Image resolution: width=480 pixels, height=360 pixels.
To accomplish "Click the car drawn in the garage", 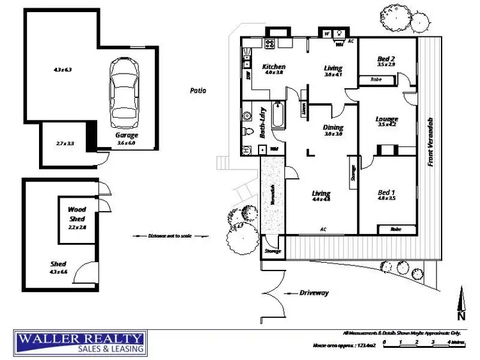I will tap(125, 93).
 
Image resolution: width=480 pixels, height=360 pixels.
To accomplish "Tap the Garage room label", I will tap(126, 136).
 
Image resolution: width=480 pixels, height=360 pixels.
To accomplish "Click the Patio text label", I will tap(198, 91).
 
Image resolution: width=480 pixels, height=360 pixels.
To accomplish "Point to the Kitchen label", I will tap(274, 67).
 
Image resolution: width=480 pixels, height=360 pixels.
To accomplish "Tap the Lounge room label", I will tap(387, 119).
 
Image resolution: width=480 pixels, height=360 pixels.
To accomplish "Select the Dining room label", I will tap(333, 127).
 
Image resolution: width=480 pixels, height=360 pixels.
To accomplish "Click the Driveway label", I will tap(314, 293).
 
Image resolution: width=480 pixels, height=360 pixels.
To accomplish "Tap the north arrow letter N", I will tap(461, 315).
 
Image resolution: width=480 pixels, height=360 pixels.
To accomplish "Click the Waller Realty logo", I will tap(81, 343).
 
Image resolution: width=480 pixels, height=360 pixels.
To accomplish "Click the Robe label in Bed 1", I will tap(396, 228).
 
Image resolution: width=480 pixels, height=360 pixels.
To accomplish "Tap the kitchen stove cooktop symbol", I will tap(270, 44).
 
